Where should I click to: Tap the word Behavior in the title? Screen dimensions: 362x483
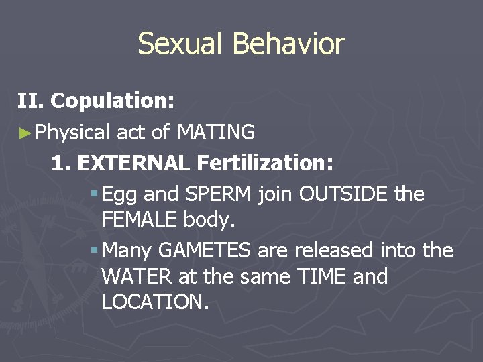[288, 44]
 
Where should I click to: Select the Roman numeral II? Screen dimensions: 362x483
[31, 101]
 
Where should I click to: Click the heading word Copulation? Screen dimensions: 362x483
[113, 101]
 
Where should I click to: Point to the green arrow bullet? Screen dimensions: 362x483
[25, 133]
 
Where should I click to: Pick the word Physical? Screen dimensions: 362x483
[72, 133]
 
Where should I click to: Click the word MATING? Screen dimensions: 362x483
[215, 133]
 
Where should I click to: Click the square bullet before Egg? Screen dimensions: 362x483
[94, 194]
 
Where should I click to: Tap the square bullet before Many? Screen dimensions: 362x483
[94, 250]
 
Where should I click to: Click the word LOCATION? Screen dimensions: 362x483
[155, 302]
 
